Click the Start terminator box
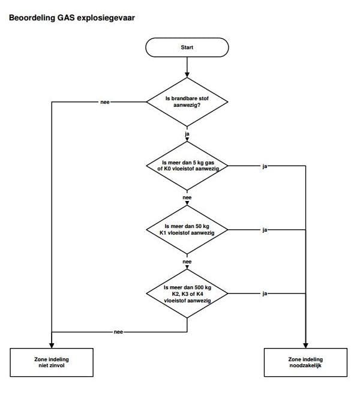(x=187, y=47)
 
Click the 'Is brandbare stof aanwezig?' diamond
(x=187, y=101)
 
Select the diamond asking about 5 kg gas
(x=187, y=166)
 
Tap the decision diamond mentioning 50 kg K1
(x=187, y=229)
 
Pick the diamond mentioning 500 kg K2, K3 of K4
(x=187, y=293)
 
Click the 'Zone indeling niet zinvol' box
(x=52, y=362)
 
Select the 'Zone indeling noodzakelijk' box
(x=306, y=362)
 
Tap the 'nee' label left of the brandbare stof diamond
(x=104, y=102)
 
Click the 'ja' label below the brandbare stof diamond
(x=187, y=134)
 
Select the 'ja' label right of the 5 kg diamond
(x=265, y=166)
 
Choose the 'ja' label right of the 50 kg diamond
(x=265, y=230)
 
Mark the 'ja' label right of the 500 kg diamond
(x=265, y=293)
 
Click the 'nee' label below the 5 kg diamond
(x=187, y=197)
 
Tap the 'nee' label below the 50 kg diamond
(x=187, y=262)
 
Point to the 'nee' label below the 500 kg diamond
(x=118, y=332)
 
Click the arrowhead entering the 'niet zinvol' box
(x=52, y=345)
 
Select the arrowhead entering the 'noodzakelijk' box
(x=306, y=345)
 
